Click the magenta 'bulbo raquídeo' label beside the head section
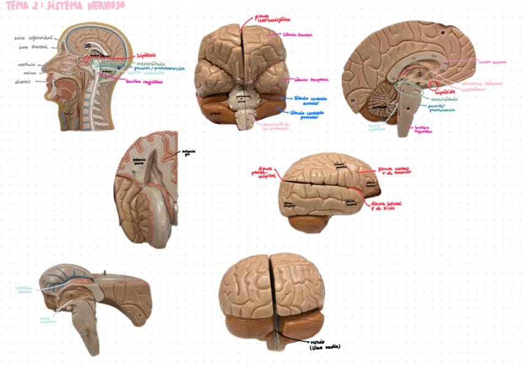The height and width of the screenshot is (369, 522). tap(144, 81)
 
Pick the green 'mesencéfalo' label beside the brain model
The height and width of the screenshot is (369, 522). tap(445, 99)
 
